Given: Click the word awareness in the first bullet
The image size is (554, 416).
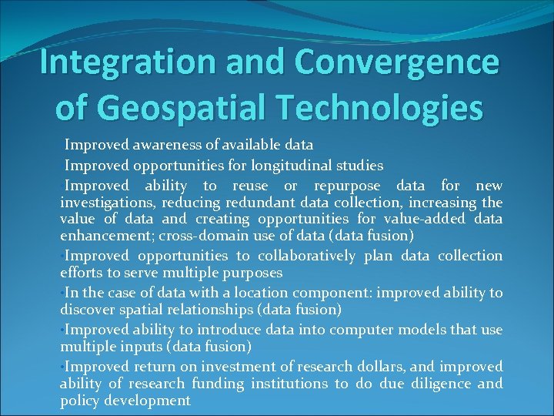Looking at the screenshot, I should pos(169,144).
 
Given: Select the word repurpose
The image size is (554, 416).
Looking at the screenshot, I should pos(349,186).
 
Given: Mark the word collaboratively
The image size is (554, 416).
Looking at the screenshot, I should pos(306,256).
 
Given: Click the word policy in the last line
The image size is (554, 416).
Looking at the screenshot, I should pos(79,401).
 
